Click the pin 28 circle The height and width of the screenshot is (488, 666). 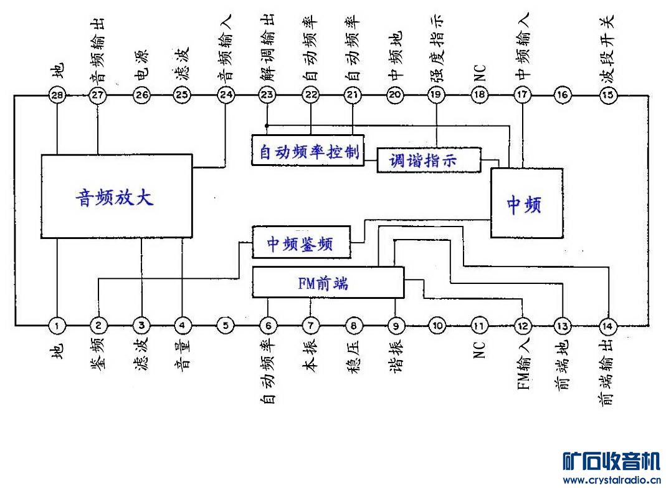point(57,95)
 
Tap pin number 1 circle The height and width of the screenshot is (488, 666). point(57,326)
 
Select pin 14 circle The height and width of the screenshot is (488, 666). point(607,326)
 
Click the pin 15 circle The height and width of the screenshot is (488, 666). point(608,95)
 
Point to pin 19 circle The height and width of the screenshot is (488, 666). point(436,95)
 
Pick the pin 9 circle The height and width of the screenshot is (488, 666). point(396,326)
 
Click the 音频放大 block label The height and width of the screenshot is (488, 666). point(115,197)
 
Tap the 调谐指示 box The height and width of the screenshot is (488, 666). point(429,160)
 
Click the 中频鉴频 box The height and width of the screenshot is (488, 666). point(301,242)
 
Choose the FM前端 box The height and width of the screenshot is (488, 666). point(328,282)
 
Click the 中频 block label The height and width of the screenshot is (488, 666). point(525,205)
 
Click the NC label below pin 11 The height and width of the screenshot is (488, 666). point(479,350)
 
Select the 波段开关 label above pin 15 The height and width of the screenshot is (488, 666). point(608,48)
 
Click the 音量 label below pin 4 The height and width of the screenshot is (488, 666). point(183,353)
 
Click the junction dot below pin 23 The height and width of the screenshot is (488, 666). point(267,125)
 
